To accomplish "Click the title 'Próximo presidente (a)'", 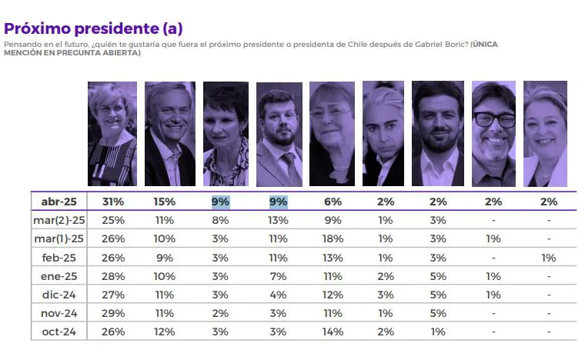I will point(93,28).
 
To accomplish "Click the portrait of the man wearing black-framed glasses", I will point(493,134).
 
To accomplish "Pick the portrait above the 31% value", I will point(112,134).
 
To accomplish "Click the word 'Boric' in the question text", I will point(451,44).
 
